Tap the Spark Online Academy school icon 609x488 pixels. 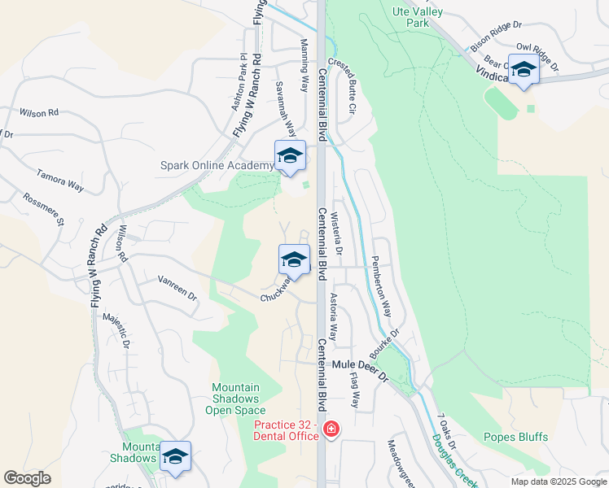coord(291,156)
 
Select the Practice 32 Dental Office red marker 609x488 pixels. coord(331,429)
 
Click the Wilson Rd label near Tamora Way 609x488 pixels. coord(39,113)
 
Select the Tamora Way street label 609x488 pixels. coord(60,180)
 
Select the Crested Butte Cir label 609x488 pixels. coord(342,85)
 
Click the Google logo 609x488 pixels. coord(27,478)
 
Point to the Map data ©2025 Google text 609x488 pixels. coord(558,481)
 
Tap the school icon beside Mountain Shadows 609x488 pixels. coord(175,457)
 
